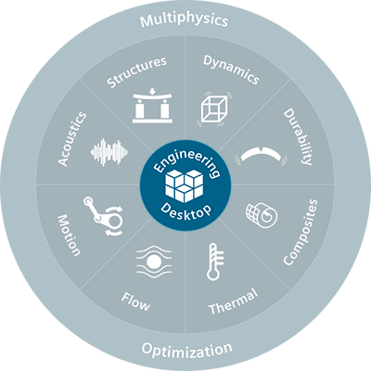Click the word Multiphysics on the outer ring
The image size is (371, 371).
185,20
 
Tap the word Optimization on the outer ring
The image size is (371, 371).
186,350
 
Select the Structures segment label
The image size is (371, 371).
136,71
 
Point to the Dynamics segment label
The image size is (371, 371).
231,70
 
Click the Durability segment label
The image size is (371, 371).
299,136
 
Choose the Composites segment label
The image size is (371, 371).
301,232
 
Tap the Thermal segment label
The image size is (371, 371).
234,301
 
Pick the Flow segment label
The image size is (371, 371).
135,301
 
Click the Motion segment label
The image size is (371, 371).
70,236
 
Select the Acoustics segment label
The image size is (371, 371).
72,139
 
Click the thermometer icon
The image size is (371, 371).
215,262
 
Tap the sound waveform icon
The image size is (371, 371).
109,152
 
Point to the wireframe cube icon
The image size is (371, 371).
214,109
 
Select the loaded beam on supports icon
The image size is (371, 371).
152,106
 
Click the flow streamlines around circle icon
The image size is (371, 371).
154,262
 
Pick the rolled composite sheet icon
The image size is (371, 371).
262,215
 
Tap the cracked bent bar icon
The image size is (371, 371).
262,155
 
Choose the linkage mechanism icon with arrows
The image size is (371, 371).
104,216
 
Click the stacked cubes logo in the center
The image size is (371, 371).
185,185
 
